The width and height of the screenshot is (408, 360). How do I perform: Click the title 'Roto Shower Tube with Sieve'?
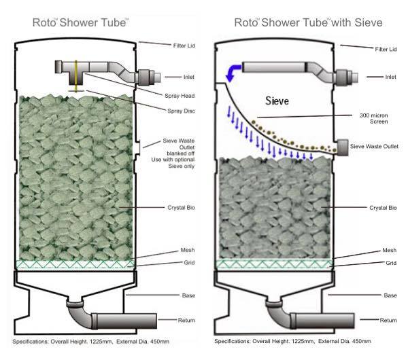tap(309, 22)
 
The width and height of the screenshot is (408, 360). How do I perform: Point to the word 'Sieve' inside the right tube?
tap(277, 101)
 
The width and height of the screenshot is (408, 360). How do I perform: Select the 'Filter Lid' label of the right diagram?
tap(384, 48)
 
